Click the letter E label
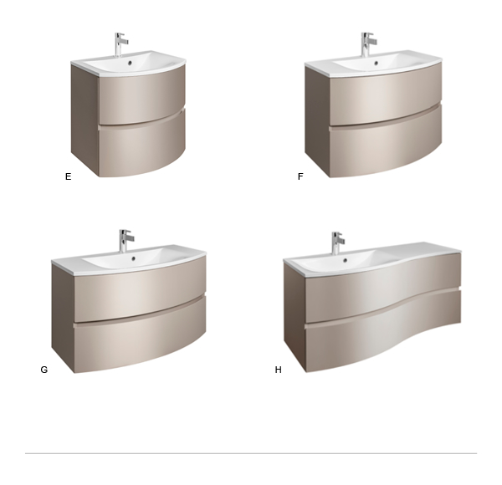69,176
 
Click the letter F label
300,176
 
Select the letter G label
44,370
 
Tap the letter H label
279,370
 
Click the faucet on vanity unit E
120,44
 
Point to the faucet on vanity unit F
368,44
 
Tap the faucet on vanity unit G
125,241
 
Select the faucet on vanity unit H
337,242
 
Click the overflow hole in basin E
130,63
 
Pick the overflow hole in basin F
376,63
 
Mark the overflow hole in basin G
134,259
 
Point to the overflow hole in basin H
345,260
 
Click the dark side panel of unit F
317,119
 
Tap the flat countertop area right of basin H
426,249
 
